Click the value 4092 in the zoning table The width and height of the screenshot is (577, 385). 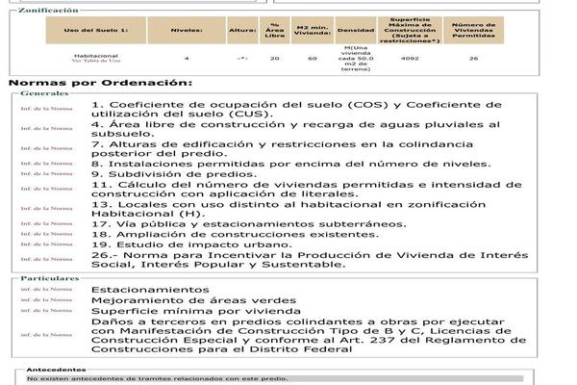[x=410, y=59]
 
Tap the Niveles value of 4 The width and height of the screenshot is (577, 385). [x=187, y=59]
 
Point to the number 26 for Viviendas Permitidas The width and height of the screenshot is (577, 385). [x=474, y=59]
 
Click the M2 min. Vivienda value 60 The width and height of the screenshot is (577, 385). [x=313, y=59]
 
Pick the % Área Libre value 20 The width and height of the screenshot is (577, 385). [x=275, y=59]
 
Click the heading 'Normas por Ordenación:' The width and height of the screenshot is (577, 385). [x=100, y=84]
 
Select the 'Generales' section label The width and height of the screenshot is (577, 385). [x=44, y=94]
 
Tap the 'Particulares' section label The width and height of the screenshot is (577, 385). [x=49, y=278]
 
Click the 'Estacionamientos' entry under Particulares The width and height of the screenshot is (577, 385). [x=150, y=290]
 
